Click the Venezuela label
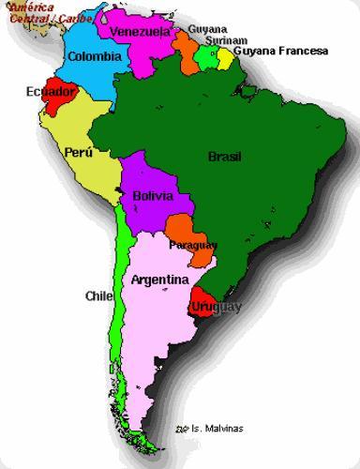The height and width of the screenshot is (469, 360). tap(140, 32)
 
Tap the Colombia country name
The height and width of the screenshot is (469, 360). tap(94, 56)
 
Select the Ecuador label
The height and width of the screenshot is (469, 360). tap(51, 92)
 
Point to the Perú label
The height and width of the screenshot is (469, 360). tap(78, 151)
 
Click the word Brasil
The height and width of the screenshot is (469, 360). tap(224, 157)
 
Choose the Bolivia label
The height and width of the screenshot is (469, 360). tap(153, 197)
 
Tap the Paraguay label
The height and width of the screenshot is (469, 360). tap(193, 245)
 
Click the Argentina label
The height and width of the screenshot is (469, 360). tap(159, 280)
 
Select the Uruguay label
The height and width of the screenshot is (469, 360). tap(216, 307)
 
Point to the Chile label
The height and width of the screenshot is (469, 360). tap(98, 295)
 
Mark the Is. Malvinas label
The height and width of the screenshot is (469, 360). tap(214, 429)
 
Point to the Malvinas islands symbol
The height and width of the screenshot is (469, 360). tap(181, 429)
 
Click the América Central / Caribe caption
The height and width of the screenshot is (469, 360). tap(37, 12)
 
